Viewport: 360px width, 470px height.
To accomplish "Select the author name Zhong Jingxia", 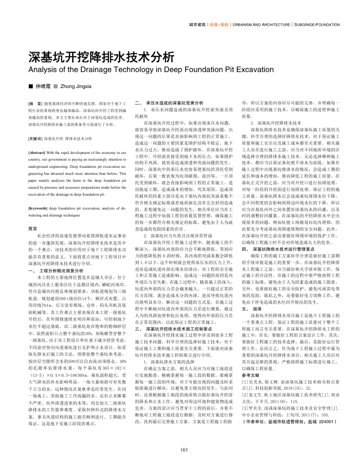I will click(76, 86).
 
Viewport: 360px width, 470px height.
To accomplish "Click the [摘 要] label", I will click(35, 104).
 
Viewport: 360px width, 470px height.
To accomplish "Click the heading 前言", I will click(32, 228).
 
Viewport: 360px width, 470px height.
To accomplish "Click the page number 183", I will click(183, 450).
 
